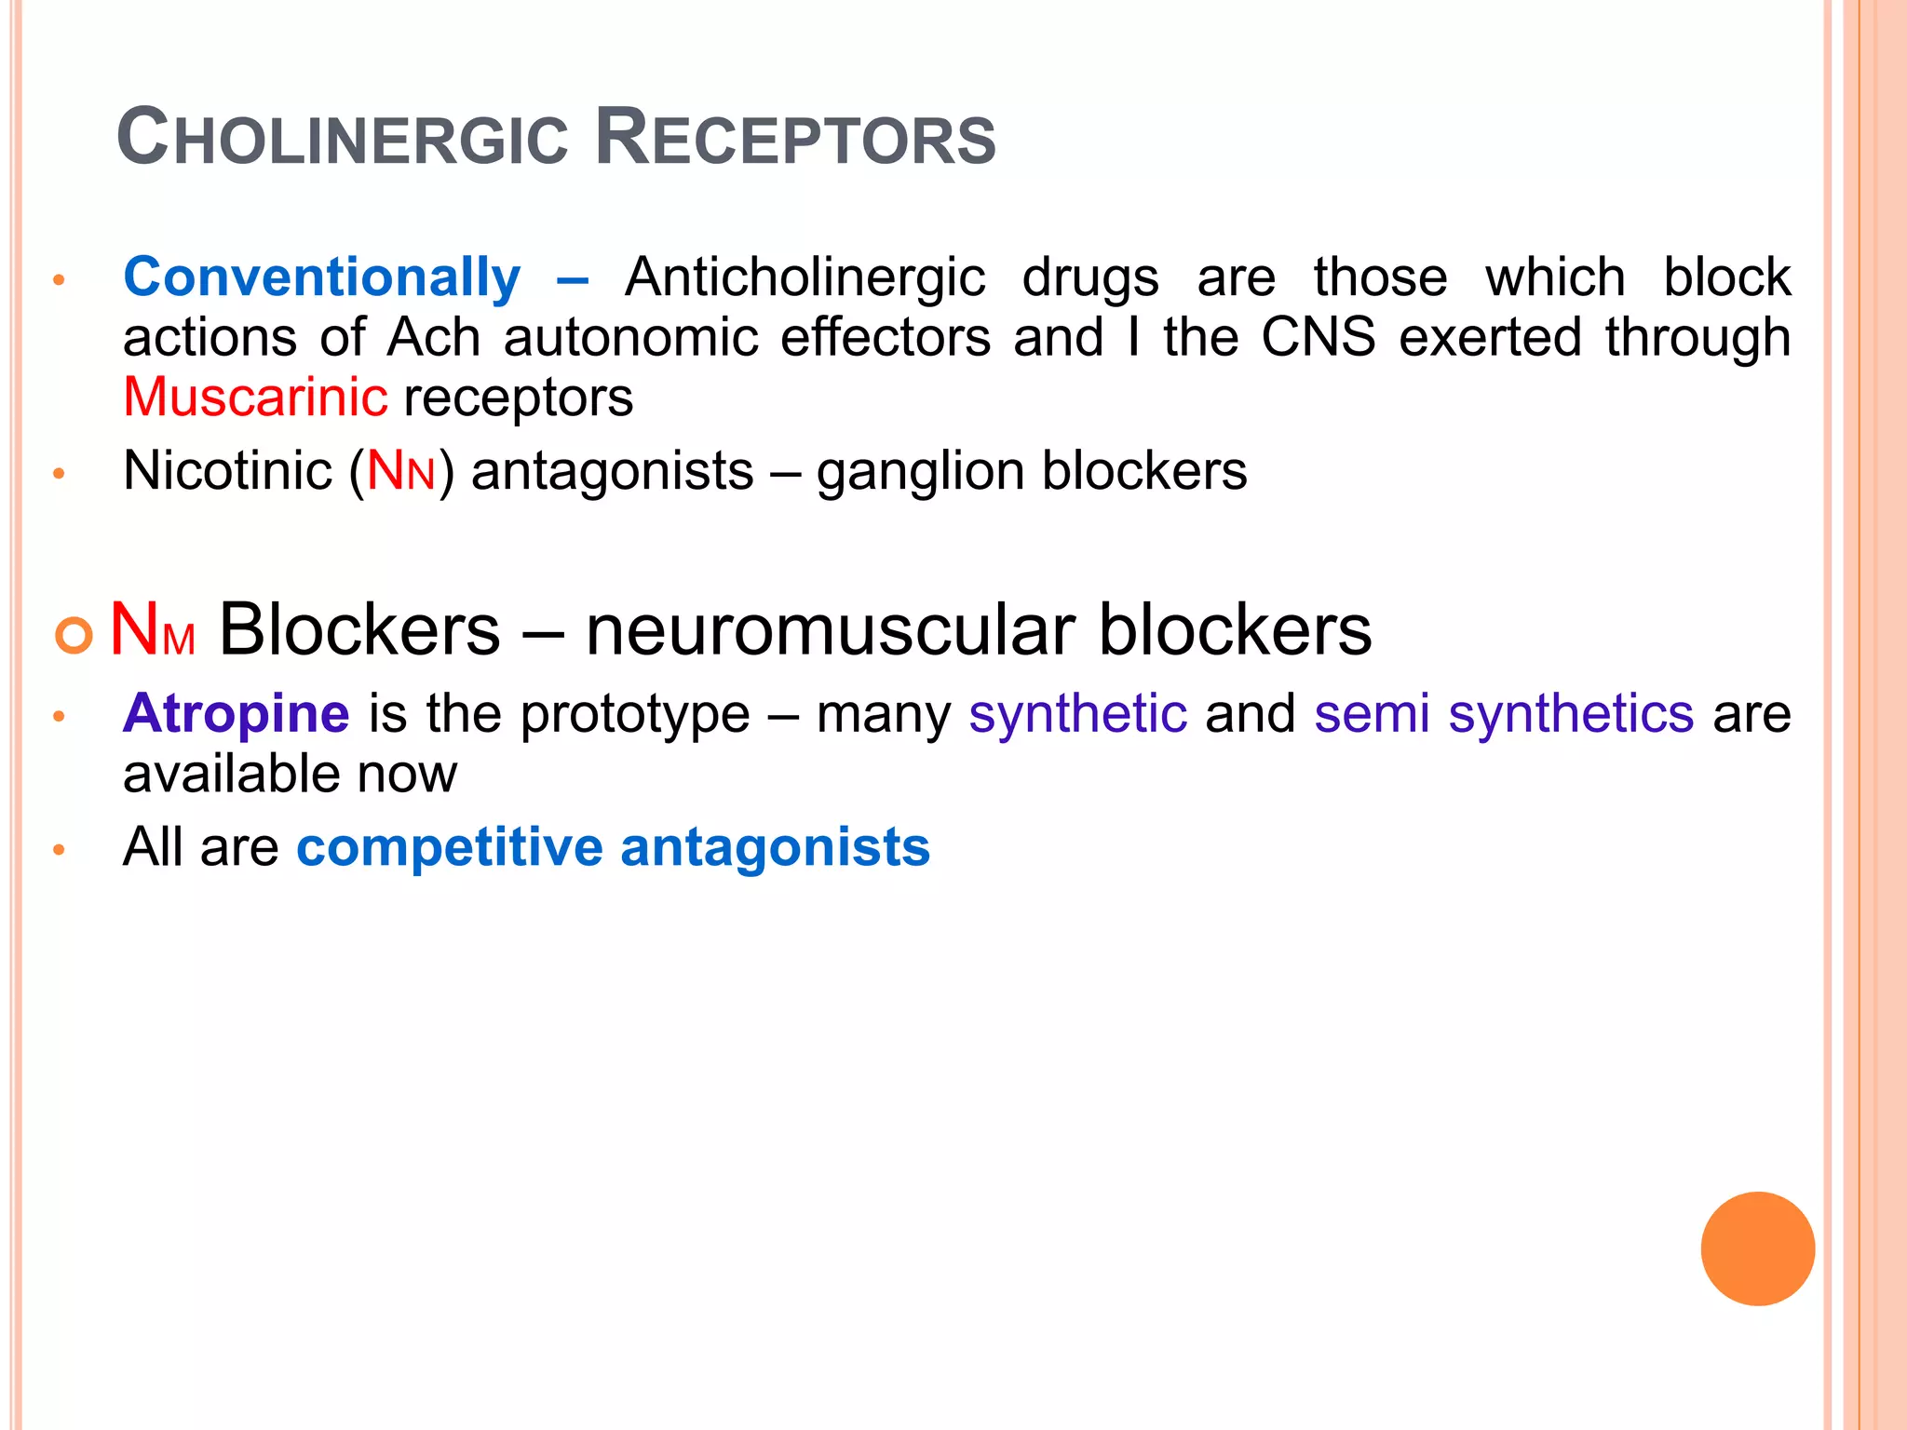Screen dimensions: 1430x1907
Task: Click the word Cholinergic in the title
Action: pos(342,139)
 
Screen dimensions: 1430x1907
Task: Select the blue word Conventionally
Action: pos(321,278)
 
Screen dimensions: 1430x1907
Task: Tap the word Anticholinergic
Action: pos(805,278)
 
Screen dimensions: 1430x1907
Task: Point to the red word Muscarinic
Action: pos(255,398)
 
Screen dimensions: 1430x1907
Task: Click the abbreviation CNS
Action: pos(1318,337)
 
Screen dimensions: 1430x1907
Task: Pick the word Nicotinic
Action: pos(227,471)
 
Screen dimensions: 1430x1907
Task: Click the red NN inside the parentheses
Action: pos(401,471)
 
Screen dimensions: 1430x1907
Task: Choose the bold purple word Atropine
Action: pos(237,714)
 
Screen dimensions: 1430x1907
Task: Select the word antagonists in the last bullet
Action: pos(775,848)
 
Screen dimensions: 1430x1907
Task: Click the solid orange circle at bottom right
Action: pos(1757,1248)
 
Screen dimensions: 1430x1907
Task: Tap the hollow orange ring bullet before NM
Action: pos(74,636)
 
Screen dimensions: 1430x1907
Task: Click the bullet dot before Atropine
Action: pos(59,716)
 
